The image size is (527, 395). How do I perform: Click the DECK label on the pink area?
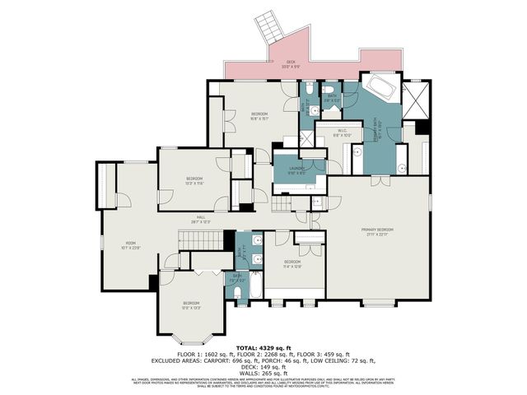(x=290, y=62)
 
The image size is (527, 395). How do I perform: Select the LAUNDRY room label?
(x=297, y=169)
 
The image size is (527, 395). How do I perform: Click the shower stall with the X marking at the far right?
(x=417, y=98)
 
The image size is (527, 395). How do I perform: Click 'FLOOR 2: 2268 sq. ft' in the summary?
(x=263, y=354)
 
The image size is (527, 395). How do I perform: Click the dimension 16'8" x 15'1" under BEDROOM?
(x=261, y=117)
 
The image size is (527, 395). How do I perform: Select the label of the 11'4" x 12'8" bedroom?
(x=294, y=263)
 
